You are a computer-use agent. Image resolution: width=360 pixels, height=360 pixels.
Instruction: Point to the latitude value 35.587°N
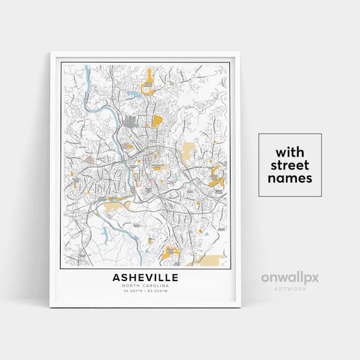(x=133, y=292)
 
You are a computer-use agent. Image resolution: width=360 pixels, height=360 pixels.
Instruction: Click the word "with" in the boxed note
(x=290, y=153)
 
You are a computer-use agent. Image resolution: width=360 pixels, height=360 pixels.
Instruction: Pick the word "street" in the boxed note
(x=290, y=165)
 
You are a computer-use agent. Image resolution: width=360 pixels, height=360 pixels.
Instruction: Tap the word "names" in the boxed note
(x=290, y=178)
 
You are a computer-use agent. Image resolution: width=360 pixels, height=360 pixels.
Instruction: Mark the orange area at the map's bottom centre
(x=169, y=252)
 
